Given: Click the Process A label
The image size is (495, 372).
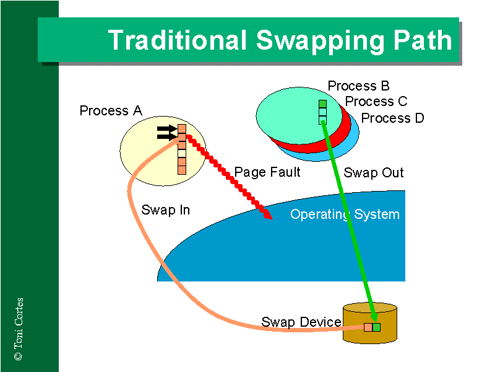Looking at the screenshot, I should point(111,111).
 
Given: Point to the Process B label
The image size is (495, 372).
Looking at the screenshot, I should point(359,86).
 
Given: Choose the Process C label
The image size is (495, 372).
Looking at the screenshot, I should point(376,102).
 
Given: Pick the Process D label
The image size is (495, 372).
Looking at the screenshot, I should point(393,118).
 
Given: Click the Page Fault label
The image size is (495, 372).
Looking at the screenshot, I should point(267,172).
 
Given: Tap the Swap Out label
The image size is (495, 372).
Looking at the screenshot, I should point(374,172).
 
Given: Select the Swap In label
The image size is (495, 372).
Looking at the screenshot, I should point(165,210).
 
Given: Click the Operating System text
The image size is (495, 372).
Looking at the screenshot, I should point(345,215).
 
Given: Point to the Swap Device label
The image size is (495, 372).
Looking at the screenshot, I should point(301,322).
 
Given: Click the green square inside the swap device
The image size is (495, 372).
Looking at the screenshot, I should point(376,327).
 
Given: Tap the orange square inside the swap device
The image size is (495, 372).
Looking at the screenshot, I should point(368,327).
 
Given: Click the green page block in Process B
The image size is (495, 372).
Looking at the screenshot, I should point(322,104).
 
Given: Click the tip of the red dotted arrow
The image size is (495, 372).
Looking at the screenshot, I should point(269,216).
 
